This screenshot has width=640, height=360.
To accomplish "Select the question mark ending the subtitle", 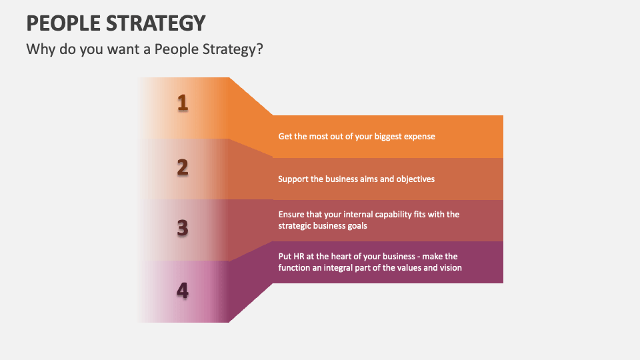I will [x=258, y=50].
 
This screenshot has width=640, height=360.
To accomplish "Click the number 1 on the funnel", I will [x=182, y=103].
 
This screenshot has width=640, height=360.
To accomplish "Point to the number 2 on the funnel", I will [x=182, y=168].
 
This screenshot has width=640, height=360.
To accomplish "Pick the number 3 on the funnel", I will [x=182, y=229].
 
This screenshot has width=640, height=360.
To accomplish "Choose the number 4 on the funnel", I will [x=182, y=291].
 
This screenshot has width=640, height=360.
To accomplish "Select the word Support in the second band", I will [x=293, y=179].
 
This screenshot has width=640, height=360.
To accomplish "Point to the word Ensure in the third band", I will [x=291, y=215].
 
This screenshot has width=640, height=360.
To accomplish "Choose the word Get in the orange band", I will [x=285, y=137].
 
